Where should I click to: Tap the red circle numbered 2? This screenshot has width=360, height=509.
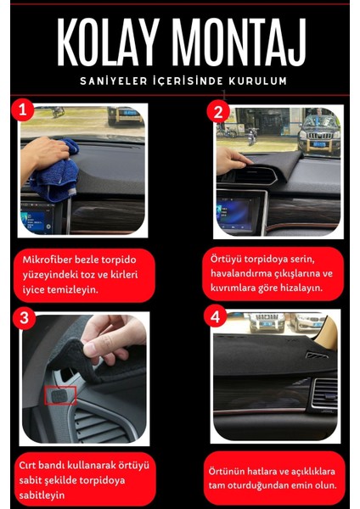218,112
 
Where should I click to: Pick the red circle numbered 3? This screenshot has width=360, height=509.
26,319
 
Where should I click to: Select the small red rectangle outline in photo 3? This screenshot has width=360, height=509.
60,395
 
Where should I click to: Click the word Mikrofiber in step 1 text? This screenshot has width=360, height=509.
53,257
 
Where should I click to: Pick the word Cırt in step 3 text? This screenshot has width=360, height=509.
33,465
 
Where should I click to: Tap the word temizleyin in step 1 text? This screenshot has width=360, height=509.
93,288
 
